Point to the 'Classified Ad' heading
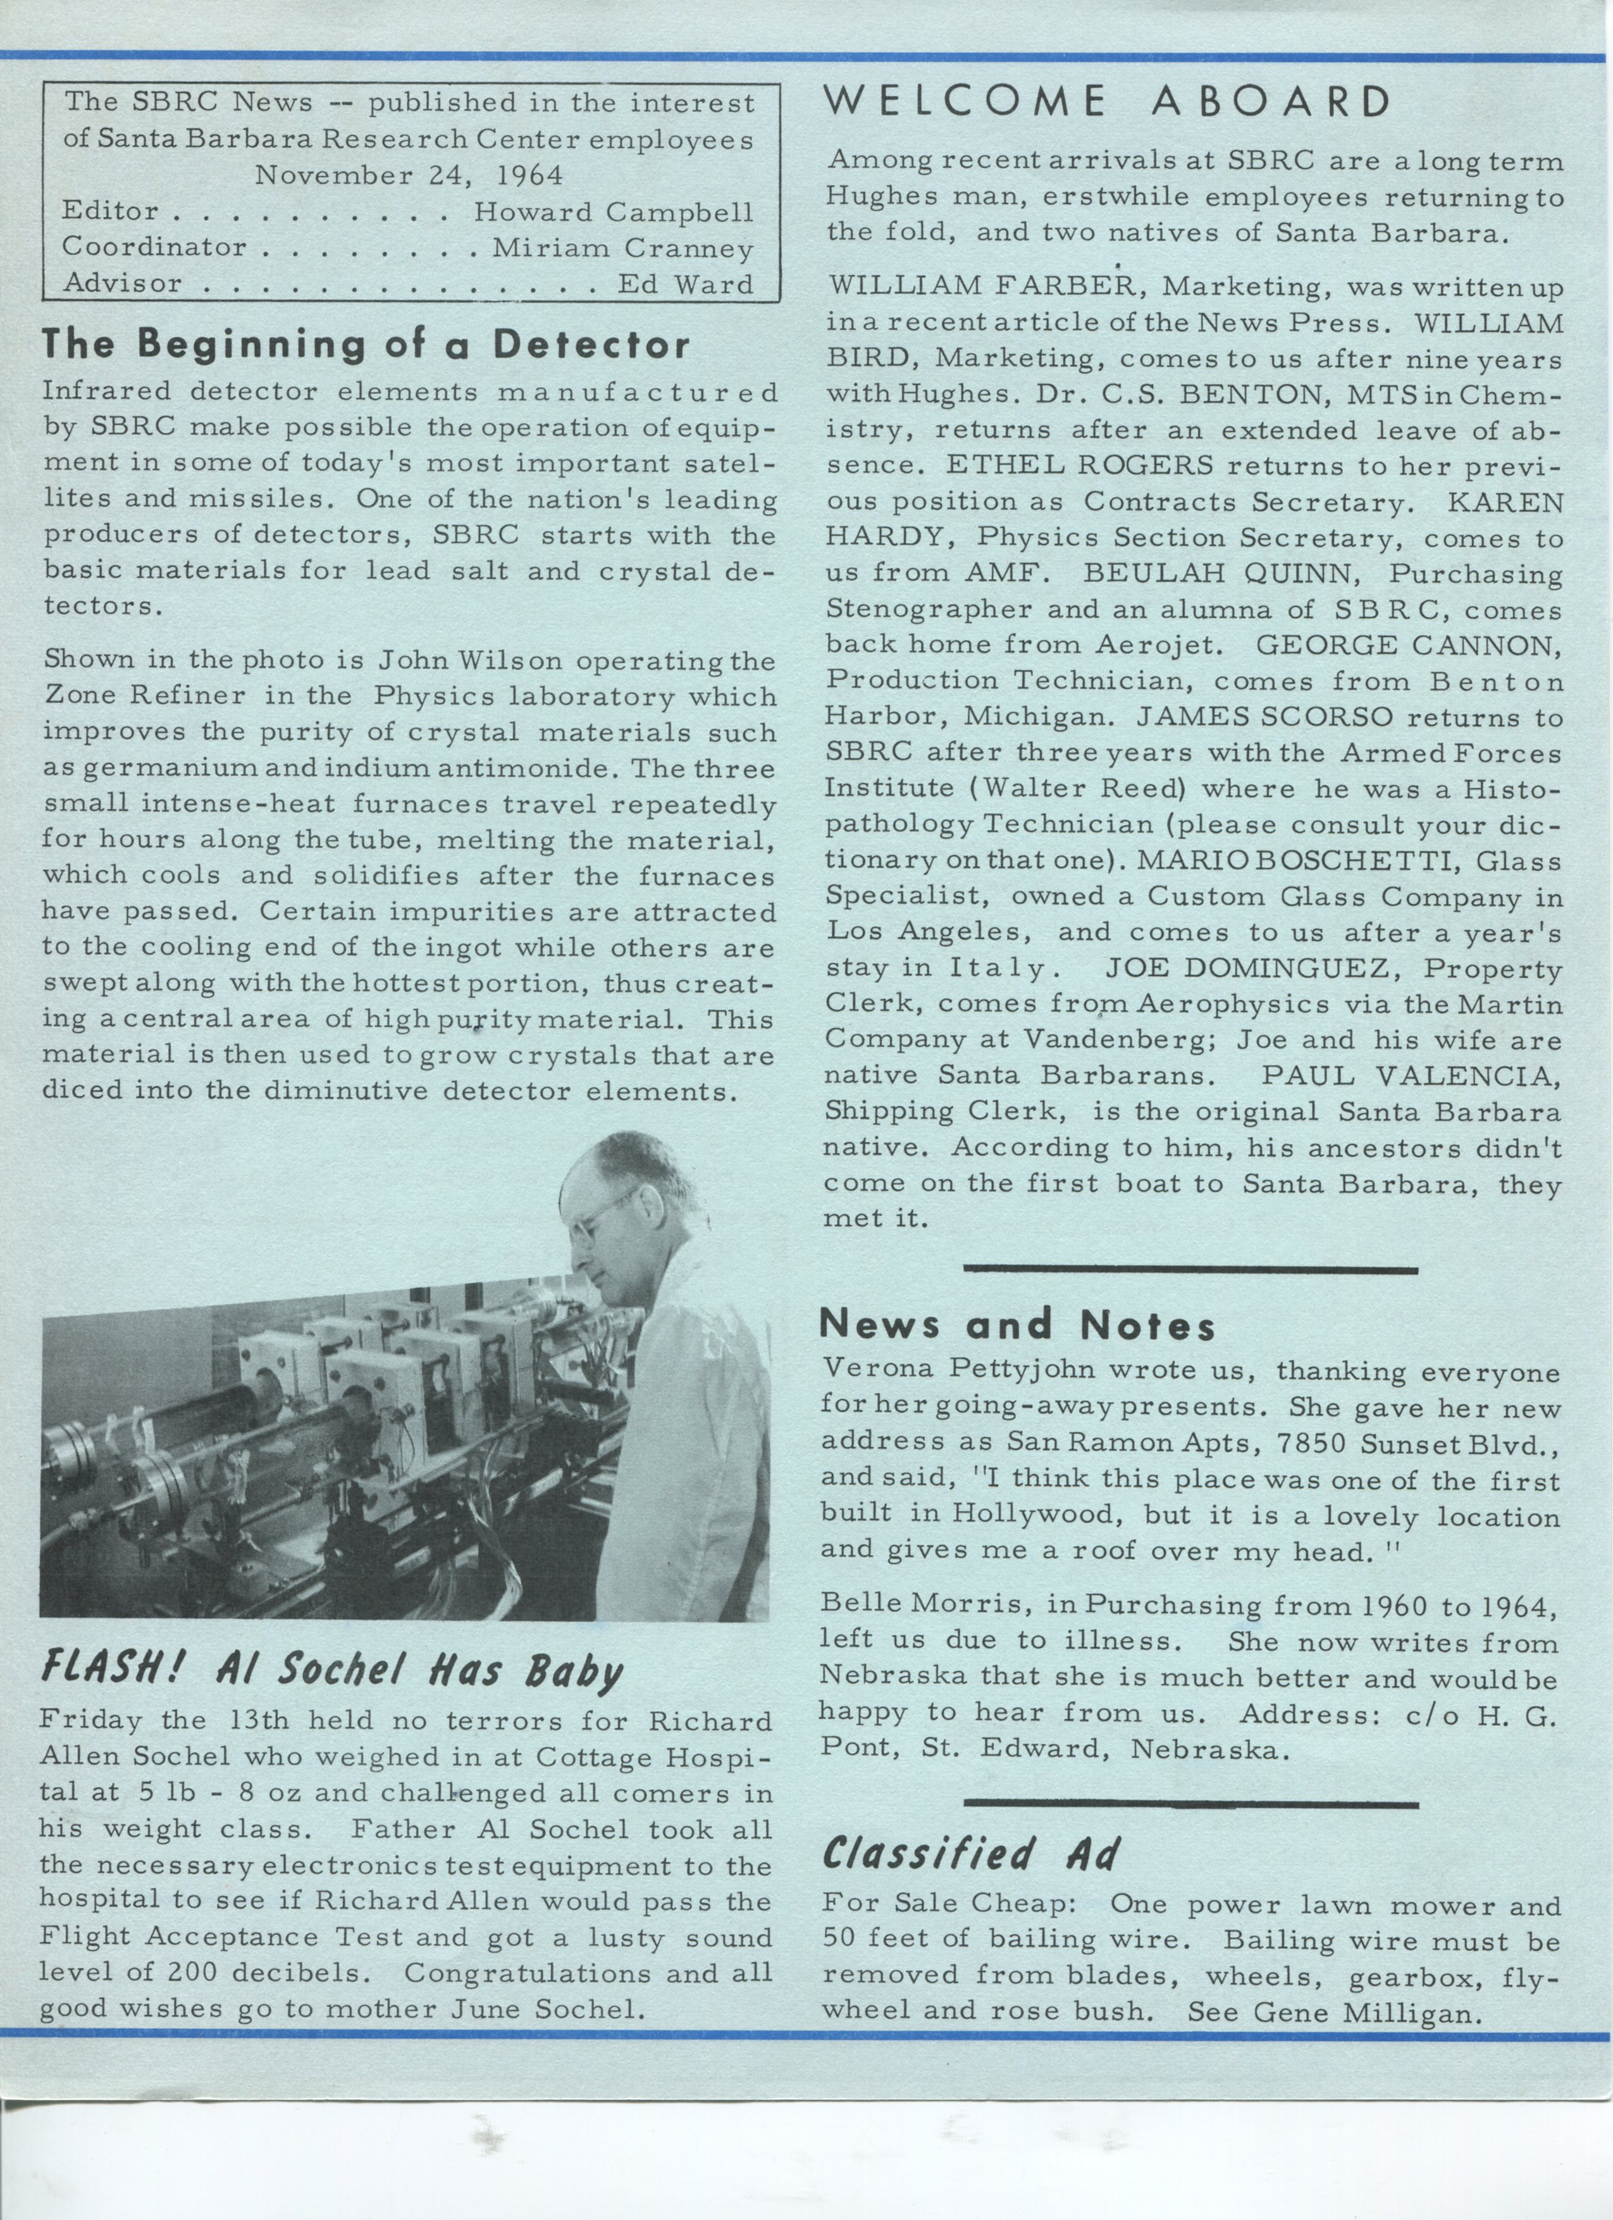(969, 1854)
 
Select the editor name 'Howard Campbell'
(614, 211)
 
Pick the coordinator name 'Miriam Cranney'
(622, 247)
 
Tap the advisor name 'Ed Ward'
(685, 284)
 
